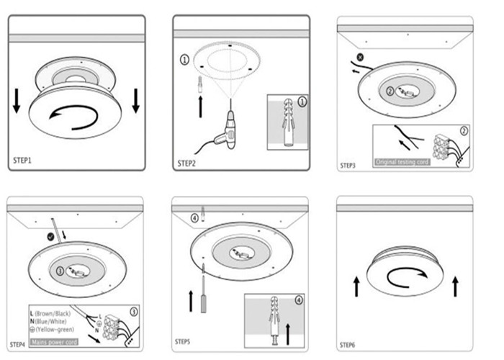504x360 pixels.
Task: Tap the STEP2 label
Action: coord(187,163)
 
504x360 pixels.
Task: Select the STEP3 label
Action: coord(348,166)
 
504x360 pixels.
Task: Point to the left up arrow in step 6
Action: coord(356,287)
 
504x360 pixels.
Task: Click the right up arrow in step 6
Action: coord(454,286)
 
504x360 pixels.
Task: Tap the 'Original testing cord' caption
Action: coord(402,163)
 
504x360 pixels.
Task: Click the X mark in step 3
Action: coord(359,56)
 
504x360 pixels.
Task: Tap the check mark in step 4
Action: coord(50,235)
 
